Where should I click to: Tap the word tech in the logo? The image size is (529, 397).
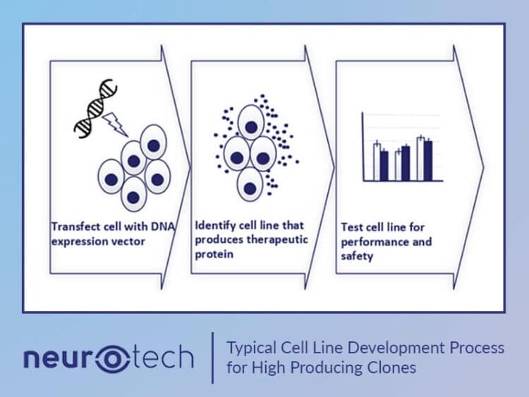[x=163, y=358]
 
